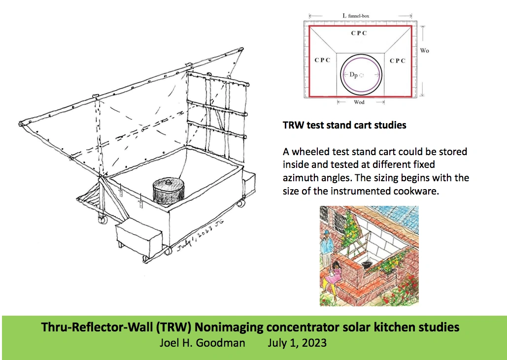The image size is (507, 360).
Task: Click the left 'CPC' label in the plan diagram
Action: click(x=322, y=61)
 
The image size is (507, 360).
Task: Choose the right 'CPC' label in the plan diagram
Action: click(x=397, y=61)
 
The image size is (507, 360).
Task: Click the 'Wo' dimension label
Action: click(x=424, y=51)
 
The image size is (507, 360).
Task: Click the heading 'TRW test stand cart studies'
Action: click(x=344, y=125)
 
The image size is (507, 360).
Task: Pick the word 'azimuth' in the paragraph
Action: click(x=300, y=177)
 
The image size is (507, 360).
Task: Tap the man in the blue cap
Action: click(x=327, y=246)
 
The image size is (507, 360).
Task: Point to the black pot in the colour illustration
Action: click(x=367, y=264)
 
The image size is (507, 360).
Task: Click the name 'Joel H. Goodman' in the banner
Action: click(x=202, y=343)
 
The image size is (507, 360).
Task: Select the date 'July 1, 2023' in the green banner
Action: click(x=297, y=343)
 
